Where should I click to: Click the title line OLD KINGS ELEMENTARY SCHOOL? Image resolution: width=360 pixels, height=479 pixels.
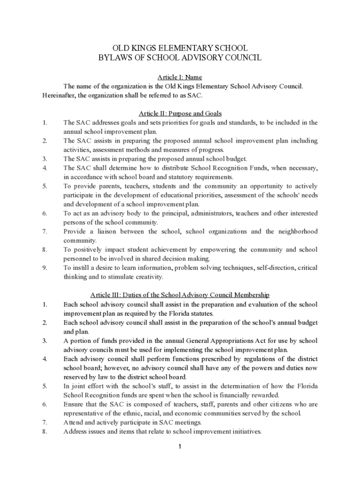tap(180, 48)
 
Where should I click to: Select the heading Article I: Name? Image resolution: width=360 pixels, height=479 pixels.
tap(180, 77)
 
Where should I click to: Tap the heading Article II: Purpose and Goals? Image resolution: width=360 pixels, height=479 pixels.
tap(180, 114)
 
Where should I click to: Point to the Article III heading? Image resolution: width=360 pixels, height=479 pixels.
tap(180, 295)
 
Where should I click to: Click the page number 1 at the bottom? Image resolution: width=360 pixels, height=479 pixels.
tap(180, 447)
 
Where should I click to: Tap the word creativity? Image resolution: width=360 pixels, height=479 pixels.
tap(147, 277)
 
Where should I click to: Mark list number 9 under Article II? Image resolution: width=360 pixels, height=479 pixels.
tap(44, 268)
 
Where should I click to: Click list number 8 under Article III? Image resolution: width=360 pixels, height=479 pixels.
tap(44, 431)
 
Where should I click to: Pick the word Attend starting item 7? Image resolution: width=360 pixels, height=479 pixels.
tap(73, 422)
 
